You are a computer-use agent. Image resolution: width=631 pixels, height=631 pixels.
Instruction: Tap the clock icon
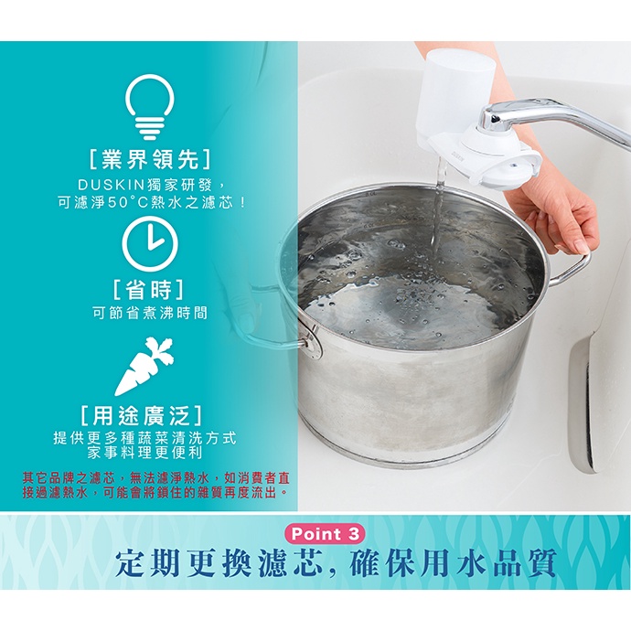[x=150, y=241]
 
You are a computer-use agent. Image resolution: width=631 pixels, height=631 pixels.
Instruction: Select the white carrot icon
[x=144, y=366]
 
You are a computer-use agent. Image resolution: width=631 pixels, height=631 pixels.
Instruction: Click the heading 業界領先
[x=149, y=159]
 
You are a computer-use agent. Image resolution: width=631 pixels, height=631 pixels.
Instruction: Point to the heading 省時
[x=149, y=290]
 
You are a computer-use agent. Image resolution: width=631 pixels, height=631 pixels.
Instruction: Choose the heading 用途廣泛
[x=141, y=416]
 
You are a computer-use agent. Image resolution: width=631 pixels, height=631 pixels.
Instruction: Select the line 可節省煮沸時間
[x=150, y=313]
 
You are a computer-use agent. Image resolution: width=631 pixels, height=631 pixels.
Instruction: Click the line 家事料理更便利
[x=144, y=454]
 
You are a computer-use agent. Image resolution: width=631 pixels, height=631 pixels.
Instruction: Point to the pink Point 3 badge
[x=325, y=534]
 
